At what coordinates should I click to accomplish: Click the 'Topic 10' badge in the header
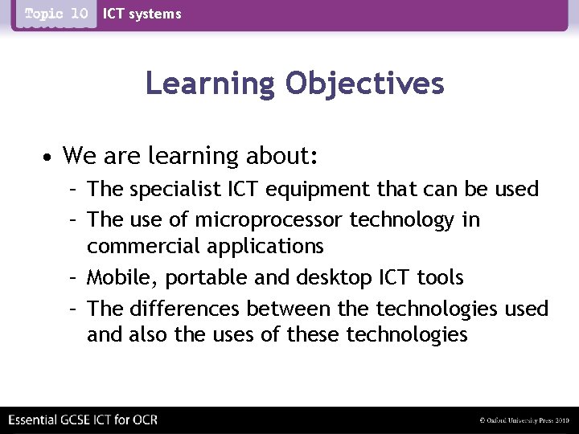[x=55, y=14]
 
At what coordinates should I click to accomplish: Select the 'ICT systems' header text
[x=142, y=14]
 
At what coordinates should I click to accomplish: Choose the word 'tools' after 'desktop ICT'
[x=439, y=277]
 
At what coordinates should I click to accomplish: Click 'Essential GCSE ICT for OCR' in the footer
[x=82, y=420]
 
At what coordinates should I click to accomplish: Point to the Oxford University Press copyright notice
[x=524, y=420]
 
